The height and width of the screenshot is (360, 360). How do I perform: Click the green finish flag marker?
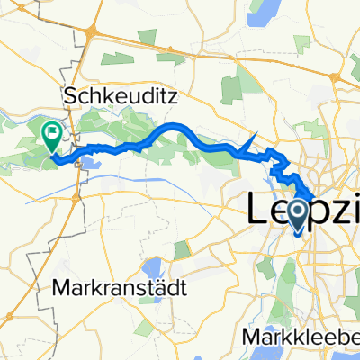(x=52, y=136)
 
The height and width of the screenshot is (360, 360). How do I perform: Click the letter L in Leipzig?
(x=257, y=208)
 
